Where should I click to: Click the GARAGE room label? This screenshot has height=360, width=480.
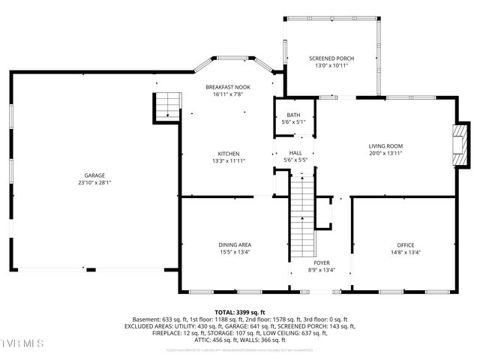coord(94,175)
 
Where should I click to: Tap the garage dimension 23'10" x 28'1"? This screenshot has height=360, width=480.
coord(94,182)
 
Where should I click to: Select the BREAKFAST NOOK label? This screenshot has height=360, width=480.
coord(228,87)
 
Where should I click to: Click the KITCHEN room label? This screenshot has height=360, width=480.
coord(229,153)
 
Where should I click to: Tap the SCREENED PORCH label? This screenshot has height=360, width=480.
coord(331,58)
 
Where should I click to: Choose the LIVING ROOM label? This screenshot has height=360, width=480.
coord(385,145)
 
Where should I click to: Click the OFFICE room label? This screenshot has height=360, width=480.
coord(405,245)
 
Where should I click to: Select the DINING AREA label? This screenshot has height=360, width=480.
coord(234,244)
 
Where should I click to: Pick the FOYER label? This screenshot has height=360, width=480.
coord(322,262)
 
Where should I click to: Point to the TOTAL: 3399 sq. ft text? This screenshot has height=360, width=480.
coord(239,312)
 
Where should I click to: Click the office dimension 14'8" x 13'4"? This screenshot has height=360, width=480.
coord(405,253)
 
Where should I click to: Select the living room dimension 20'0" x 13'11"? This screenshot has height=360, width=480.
coord(385,153)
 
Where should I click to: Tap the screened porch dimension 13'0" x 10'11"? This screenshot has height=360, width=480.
coord(331,66)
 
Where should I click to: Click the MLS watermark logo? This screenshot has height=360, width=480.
coord(22,343)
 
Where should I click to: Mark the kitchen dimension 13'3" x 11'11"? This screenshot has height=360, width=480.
coord(229,160)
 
